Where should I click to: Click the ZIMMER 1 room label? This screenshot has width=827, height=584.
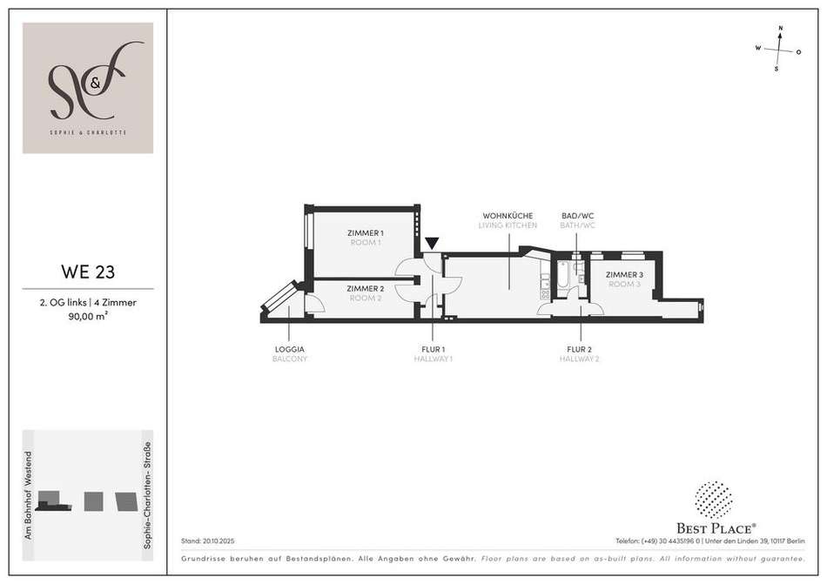point(366,233)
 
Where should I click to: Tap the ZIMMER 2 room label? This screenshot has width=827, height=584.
point(366,289)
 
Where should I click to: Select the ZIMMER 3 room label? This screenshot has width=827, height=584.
point(624,275)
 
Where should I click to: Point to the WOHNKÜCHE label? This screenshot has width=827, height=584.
point(508,216)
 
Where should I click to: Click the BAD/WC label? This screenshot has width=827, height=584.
point(577,216)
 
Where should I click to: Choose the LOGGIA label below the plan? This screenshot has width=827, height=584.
point(290,349)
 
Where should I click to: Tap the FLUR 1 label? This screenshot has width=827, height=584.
point(433,349)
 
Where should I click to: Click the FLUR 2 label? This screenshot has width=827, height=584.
point(579,349)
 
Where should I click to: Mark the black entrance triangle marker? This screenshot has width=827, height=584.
point(432,243)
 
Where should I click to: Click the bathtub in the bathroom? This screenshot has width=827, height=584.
point(563,275)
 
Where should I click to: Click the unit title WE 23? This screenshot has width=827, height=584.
point(88,272)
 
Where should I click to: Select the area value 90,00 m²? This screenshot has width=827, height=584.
point(88,317)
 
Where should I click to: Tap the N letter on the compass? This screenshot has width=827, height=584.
point(781,28)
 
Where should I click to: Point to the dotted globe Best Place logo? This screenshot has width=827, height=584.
point(714,500)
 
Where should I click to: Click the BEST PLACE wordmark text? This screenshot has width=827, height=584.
point(716,528)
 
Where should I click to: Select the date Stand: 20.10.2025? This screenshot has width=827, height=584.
point(208,541)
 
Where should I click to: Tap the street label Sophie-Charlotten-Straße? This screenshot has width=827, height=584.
point(147,495)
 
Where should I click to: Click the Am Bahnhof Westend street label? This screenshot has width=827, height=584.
point(29,495)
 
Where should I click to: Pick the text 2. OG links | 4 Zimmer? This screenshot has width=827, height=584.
point(88,303)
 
